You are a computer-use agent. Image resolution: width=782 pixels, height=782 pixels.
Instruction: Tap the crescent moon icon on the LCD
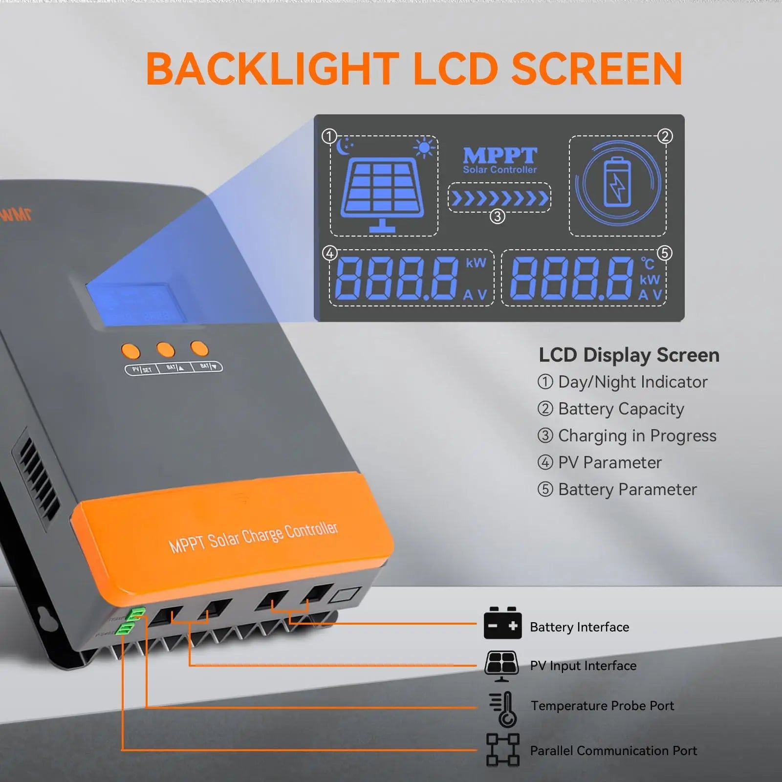(x=345, y=146)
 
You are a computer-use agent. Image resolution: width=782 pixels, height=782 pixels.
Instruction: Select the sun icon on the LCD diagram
(x=423, y=148)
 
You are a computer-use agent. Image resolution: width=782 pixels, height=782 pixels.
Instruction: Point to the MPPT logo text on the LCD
(x=500, y=156)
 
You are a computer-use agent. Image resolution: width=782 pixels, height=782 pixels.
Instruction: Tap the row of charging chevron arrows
(x=499, y=198)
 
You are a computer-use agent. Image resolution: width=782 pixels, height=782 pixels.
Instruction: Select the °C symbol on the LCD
(x=648, y=264)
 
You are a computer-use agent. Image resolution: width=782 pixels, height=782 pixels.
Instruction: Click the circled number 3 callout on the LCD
(x=497, y=216)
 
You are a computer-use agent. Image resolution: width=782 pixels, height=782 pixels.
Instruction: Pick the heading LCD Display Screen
(x=629, y=355)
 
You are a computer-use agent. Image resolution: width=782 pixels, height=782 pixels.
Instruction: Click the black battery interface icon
(x=502, y=624)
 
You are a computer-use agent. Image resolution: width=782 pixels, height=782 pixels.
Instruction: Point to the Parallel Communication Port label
(x=613, y=750)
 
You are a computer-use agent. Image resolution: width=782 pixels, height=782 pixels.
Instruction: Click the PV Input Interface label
(x=583, y=665)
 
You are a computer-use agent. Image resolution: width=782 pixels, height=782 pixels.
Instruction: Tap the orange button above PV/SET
(x=130, y=351)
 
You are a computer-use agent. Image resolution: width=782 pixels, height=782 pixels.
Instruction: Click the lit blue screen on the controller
(x=136, y=304)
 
